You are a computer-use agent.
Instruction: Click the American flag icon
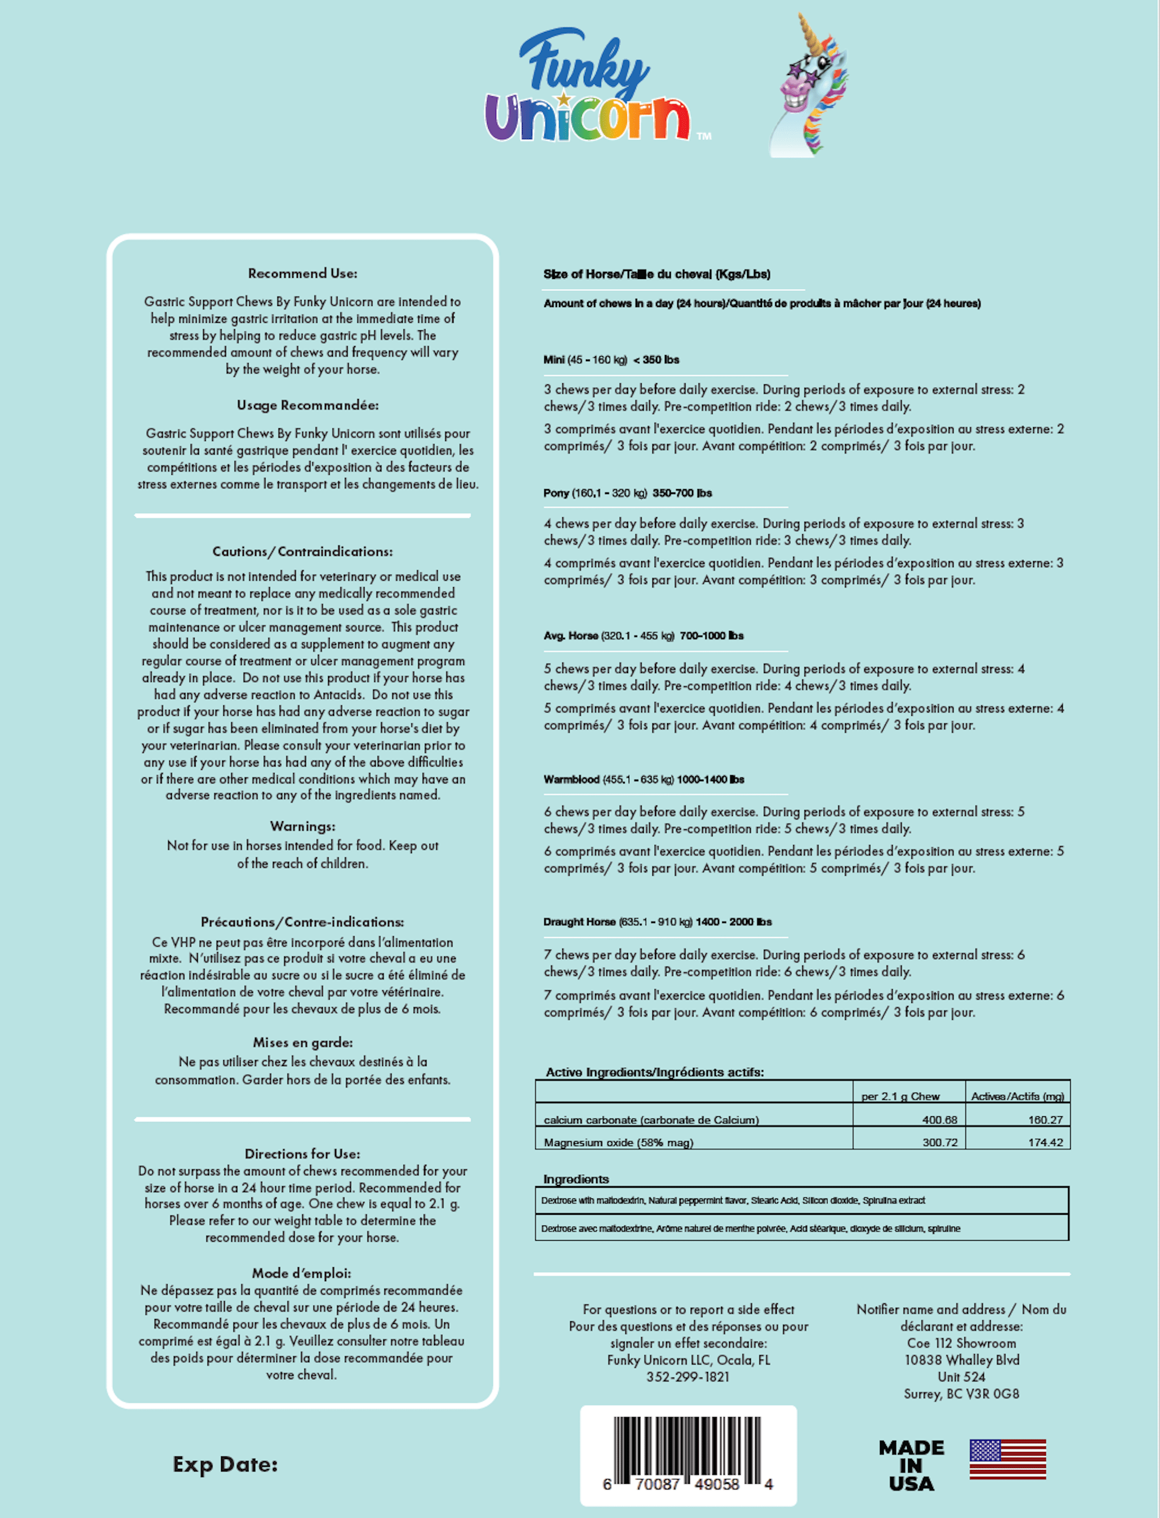point(1008,1459)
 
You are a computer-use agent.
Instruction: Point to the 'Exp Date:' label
point(225,1464)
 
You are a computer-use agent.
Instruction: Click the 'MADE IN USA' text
point(911,1465)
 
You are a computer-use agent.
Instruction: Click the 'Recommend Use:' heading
point(302,274)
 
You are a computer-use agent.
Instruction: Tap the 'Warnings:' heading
point(302,826)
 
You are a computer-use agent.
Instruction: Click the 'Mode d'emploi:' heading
point(302,1273)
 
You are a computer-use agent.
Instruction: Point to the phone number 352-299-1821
point(688,1376)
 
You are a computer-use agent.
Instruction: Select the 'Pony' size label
point(556,493)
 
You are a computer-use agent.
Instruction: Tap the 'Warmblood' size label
point(571,780)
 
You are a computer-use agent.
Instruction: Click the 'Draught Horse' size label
point(578,922)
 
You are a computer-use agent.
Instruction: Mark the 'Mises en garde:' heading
point(302,1042)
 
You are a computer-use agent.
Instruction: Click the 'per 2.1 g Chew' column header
point(899,1096)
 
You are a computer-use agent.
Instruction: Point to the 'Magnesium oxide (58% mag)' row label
point(618,1142)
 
